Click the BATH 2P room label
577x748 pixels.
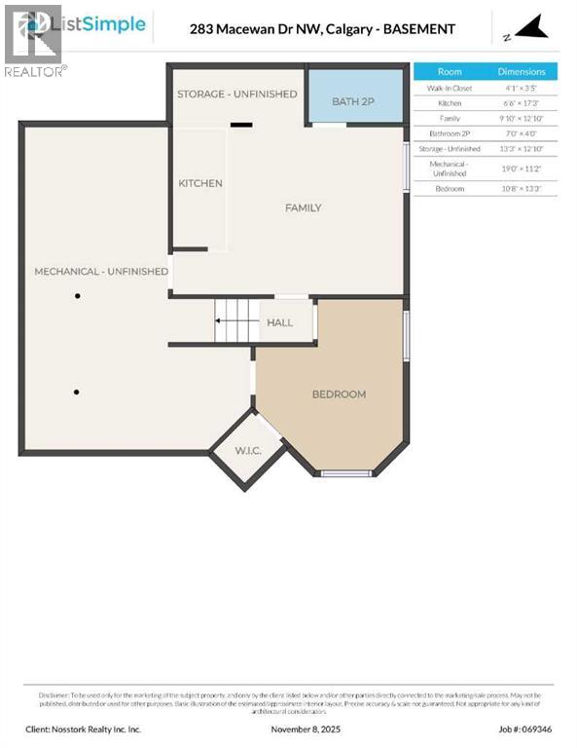point(352,101)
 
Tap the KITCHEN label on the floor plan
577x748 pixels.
point(200,183)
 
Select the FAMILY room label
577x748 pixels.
point(303,207)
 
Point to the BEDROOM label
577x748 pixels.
point(339,394)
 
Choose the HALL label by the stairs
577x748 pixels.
point(279,322)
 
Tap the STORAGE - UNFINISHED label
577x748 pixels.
point(236,93)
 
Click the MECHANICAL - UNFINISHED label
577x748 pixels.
point(101,271)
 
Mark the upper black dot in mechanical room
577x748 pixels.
point(78,296)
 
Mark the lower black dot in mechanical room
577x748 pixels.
point(76,393)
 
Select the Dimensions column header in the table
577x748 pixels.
point(522,72)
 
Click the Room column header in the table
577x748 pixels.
point(450,72)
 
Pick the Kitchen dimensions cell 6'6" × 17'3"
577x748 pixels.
point(522,102)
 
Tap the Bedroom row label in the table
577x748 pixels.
point(450,188)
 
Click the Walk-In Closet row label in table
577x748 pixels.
point(450,88)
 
